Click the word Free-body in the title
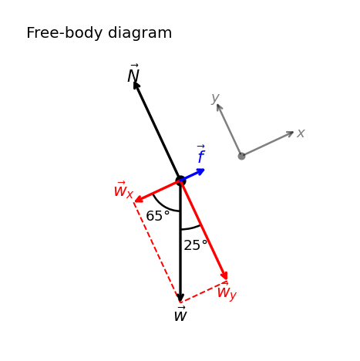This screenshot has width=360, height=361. [x=64, y=33]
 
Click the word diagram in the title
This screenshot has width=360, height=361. [x=140, y=33]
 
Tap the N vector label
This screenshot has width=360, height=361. [x=133, y=73]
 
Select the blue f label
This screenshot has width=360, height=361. [x=201, y=154]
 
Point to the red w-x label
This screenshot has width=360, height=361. [x=123, y=190]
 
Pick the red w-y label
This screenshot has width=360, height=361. [x=227, y=292]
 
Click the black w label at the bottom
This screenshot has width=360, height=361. [x=180, y=314]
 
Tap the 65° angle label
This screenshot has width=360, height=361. [x=158, y=216]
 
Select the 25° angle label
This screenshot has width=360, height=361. [x=196, y=245]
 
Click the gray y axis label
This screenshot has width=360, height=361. [x=215, y=98]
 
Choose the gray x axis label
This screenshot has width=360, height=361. [x=301, y=133]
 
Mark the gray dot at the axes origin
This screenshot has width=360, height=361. [x=241, y=156]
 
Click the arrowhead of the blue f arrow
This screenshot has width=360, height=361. [x=200, y=171]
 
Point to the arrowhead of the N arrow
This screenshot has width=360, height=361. [x=136, y=85]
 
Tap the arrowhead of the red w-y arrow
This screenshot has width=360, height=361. [x=224, y=275]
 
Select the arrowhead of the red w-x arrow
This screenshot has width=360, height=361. [x=139, y=199]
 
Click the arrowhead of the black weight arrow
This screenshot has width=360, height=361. [x=180, y=297]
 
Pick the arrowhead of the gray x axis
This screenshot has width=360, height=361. [x=290, y=133]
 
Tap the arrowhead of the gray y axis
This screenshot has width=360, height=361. [x=219, y=107]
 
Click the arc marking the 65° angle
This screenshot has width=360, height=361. [x=162, y=206]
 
